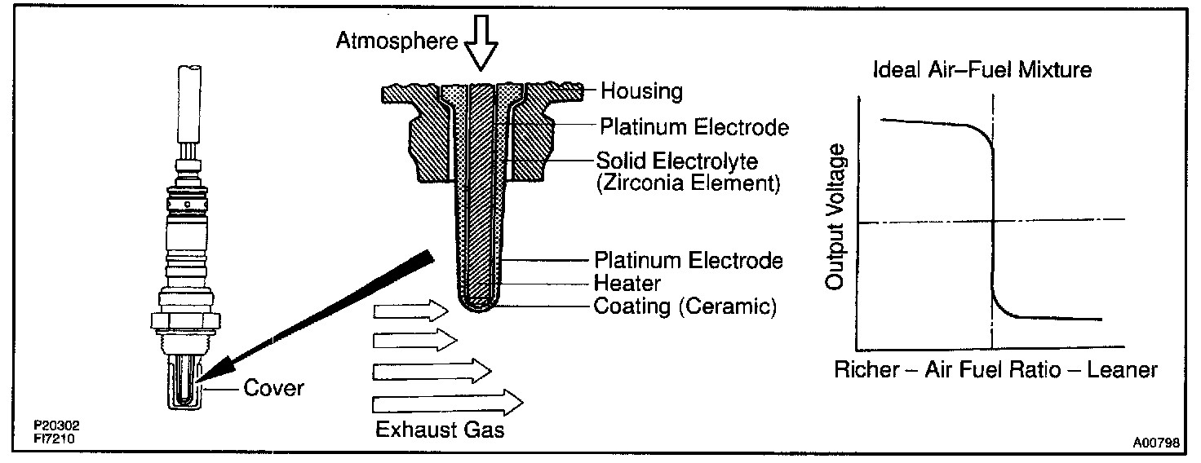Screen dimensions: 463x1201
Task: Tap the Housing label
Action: click(641, 90)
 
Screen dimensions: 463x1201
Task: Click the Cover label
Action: click(273, 388)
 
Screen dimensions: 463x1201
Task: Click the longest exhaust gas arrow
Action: click(447, 402)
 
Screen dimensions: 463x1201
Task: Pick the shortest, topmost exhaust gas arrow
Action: click(410, 310)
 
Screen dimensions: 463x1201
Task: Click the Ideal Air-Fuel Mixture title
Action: click(982, 69)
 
